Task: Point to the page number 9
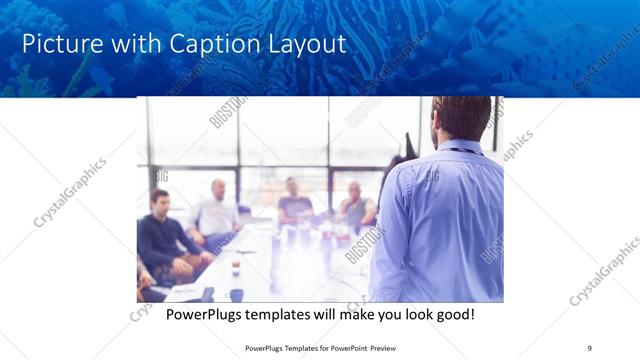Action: pos(590,347)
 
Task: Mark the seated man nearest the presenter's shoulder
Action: pos(355,205)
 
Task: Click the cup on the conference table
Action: pos(236,266)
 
